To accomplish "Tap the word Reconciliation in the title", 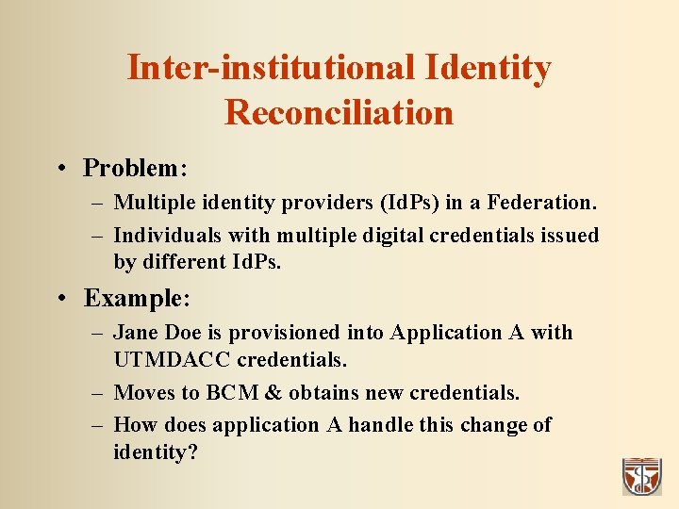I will coord(339,113).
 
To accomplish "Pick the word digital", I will coord(389,235).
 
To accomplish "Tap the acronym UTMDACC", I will coord(173,360).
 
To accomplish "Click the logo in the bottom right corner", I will coord(642,476).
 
